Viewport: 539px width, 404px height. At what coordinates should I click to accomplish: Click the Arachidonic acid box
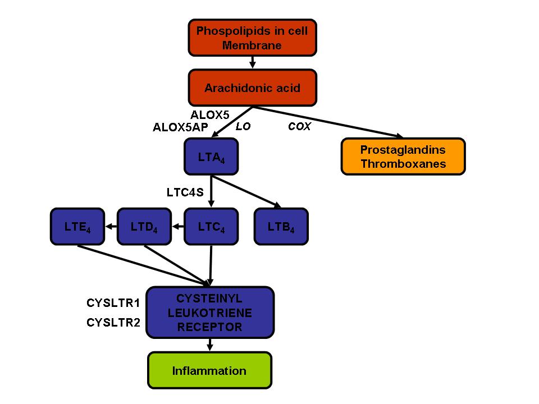coord(252,88)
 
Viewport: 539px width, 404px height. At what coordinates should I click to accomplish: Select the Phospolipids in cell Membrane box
coord(252,38)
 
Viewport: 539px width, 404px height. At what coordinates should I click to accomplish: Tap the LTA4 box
coord(211,157)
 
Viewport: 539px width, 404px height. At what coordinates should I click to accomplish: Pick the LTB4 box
coord(281,226)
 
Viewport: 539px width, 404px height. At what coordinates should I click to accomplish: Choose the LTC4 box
coord(211,226)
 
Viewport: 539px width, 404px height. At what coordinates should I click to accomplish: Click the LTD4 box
coord(144,226)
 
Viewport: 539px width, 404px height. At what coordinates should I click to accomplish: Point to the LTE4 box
coord(77,226)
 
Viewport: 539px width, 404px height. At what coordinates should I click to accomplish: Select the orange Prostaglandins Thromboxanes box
coord(403,157)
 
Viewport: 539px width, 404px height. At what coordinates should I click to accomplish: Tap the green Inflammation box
coord(209,370)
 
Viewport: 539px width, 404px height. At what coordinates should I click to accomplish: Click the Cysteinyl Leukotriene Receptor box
coord(210,313)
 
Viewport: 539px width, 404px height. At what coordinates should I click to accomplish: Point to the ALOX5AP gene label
coord(180,127)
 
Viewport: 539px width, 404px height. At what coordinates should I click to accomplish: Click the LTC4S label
coord(185,192)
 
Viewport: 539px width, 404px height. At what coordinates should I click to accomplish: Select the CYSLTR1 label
coord(113,303)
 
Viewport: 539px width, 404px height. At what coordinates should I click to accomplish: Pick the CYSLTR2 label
coord(113,323)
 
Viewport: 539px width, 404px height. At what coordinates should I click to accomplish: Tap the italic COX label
coord(299,126)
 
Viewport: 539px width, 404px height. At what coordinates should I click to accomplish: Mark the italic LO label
coord(243,126)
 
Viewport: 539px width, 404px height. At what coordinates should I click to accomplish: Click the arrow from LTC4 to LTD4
coord(178,226)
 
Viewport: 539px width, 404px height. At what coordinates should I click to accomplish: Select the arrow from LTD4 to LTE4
coord(111,226)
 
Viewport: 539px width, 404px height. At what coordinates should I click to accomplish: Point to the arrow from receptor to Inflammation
coord(209,345)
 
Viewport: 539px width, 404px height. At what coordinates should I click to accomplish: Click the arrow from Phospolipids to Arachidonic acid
coord(252,62)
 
